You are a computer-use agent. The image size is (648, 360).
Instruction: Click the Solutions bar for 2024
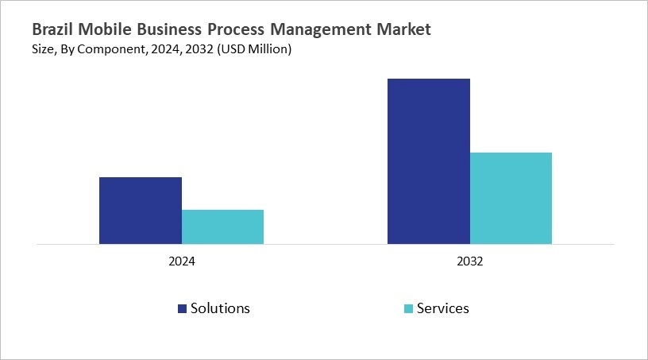click(x=141, y=211)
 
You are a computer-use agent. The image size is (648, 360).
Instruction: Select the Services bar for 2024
click(x=222, y=227)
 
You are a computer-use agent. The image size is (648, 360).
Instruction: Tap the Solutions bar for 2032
click(x=429, y=161)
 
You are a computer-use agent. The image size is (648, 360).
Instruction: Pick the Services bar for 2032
click(x=511, y=198)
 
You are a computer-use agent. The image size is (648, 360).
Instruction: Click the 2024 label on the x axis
click(x=182, y=261)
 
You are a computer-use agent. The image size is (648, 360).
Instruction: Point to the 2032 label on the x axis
click(x=470, y=261)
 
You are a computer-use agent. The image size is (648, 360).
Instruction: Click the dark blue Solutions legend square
click(x=182, y=308)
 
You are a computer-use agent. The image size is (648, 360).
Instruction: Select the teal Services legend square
click(x=408, y=308)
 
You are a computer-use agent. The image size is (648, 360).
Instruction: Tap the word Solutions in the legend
click(x=220, y=308)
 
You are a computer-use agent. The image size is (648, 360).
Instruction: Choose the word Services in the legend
click(x=443, y=308)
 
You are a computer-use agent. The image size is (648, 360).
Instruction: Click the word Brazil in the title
click(x=52, y=30)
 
